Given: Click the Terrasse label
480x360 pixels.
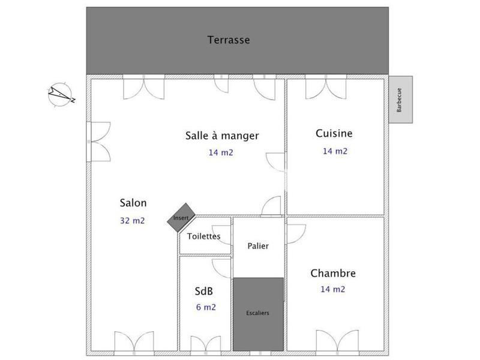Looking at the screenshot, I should pos(229,40).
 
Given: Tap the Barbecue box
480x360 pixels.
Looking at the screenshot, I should pos(400,100).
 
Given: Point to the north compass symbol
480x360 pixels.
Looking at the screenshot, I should pos(60,95).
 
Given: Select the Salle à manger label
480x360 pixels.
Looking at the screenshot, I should pos(222,136).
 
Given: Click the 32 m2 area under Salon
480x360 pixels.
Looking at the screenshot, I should pos(133,220).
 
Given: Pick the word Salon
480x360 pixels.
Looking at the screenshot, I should pos(133,203).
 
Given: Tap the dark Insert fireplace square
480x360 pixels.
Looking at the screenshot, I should pos(181,218).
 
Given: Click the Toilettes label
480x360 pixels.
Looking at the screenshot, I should pos(204,236).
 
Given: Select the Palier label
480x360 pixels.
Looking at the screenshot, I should pos(258,246).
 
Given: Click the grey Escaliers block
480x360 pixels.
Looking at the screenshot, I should pos(258,313).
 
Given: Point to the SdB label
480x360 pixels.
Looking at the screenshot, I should pos(204,292).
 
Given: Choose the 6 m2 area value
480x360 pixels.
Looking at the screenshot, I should pos(206,307).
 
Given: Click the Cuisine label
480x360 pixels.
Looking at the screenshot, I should pos(334,133).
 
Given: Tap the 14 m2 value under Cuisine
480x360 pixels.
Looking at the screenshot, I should pos(335,151).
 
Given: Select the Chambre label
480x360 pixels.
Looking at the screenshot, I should pos(333,274).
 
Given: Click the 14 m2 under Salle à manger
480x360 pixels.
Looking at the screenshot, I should pos(221,152).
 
